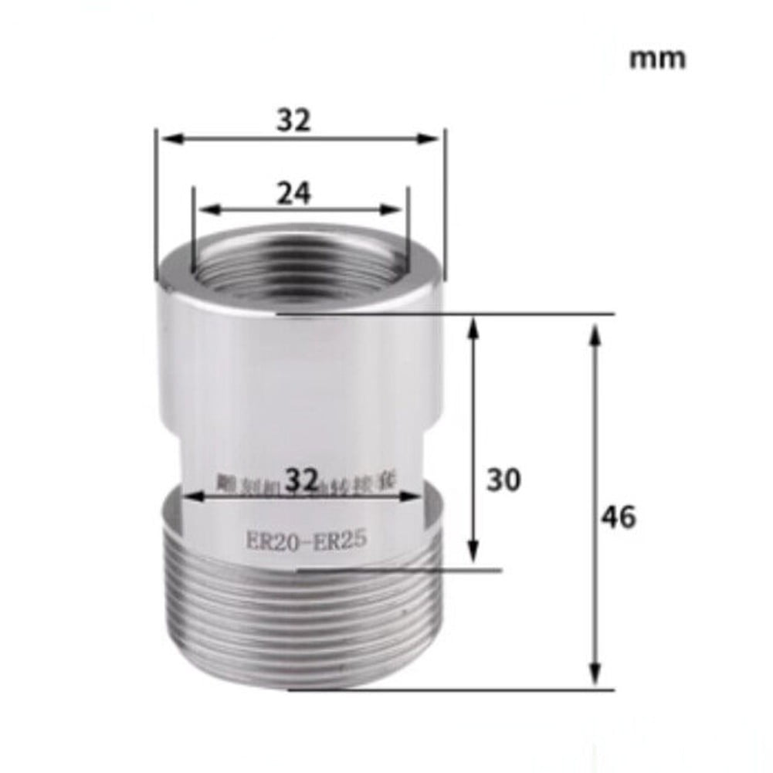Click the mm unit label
656,59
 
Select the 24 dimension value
294,194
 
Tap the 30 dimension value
503,480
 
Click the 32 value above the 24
293,120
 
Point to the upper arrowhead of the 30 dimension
474,324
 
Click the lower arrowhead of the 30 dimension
474,561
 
